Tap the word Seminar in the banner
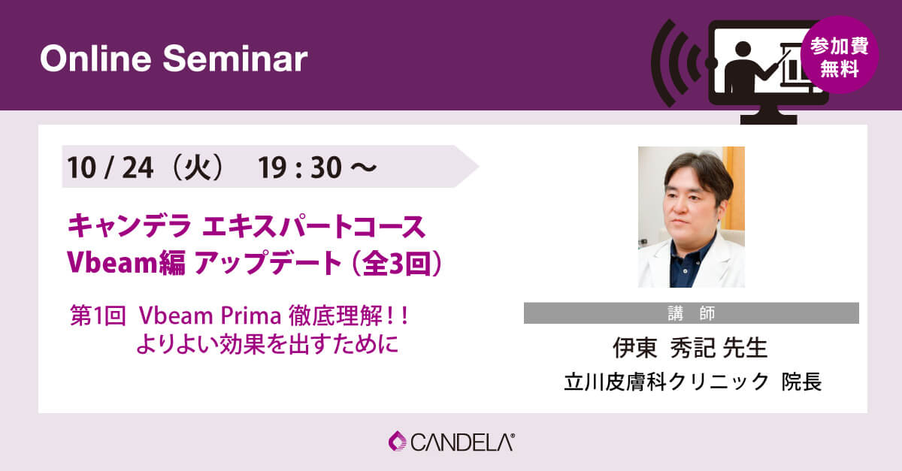click(235, 59)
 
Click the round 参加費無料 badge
click(840, 55)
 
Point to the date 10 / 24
click(110, 168)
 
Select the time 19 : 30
click(300, 168)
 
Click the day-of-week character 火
click(197, 168)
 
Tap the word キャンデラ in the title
click(129, 226)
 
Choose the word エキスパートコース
click(313, 226)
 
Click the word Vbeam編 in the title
click(126, 262)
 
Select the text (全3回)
click(397, 263)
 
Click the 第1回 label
click(98, 316)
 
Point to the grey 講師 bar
click(692, 313)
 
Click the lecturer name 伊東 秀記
click(665, 348)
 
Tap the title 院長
click(802, 382)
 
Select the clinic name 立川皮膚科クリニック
click(667, 382)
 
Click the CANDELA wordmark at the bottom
click(462, 442)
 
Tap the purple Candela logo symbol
click(398, 441)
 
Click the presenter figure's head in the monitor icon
click(743, 49)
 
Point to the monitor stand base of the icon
click(768, 119)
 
